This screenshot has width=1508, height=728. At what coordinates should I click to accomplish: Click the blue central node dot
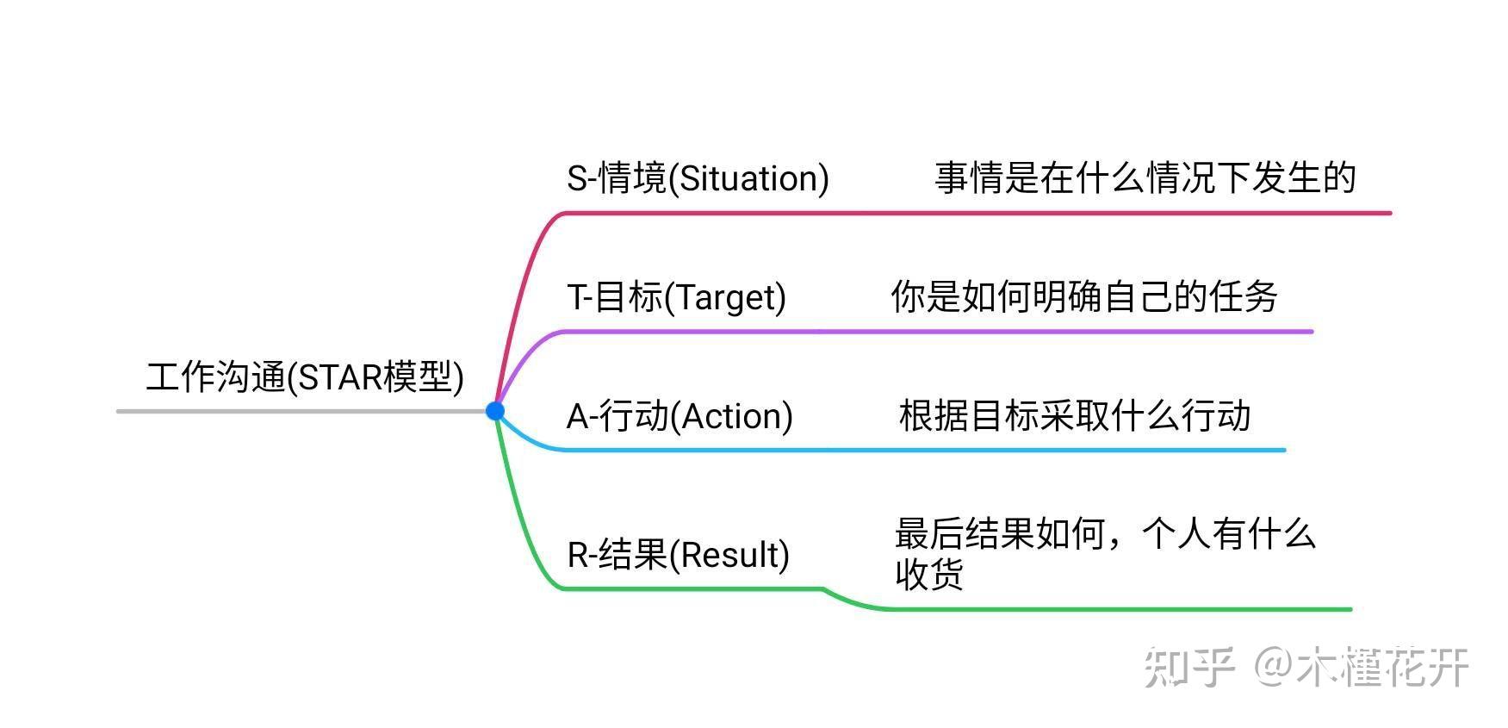pos(495,411)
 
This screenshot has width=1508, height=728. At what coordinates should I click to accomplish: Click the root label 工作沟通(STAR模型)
pos(305,377)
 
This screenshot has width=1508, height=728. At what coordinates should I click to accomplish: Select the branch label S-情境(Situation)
pos(698,178)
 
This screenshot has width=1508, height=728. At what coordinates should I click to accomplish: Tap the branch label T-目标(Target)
pos(676,297)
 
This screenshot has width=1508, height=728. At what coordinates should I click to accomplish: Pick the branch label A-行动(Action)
pos(680,416)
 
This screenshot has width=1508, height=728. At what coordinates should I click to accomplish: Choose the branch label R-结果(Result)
pos(678,555)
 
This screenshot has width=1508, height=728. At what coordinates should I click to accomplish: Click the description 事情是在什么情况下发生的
pos(1145,178)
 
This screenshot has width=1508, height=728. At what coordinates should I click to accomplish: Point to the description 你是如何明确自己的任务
pos(1083,297)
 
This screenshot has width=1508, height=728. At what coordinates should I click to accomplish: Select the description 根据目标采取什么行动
pos(1074,416)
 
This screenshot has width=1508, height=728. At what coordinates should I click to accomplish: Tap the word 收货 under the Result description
pos(928,575)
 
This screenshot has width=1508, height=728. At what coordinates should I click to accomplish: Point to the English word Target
pos(729,298)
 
